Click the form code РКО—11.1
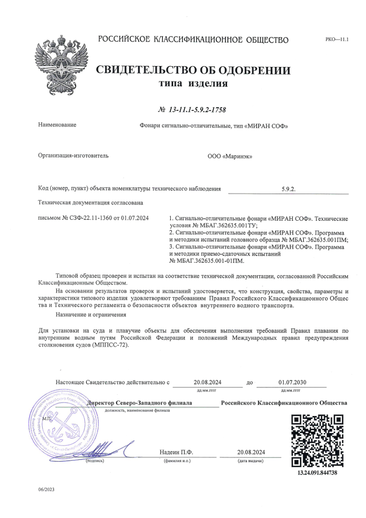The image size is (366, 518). (336, 40)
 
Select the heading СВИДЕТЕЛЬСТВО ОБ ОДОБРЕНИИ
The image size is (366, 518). (193, 71)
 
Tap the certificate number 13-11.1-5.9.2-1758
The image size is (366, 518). (193, 110)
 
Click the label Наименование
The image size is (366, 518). (57, 125)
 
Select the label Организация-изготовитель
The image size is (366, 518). (73, 156)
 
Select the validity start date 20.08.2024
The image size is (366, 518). (208, 382)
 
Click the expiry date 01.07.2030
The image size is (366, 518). (293, 382)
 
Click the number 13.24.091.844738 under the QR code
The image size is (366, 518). (318, 473)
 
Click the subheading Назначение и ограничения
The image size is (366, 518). (90, 314)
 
